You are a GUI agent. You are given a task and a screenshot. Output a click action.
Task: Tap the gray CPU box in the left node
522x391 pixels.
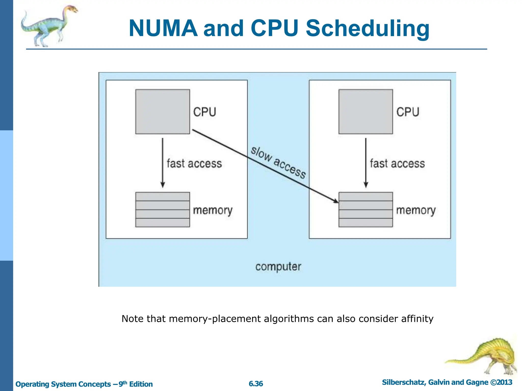[163, 111]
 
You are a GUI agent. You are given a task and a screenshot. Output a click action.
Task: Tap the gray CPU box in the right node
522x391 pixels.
[366, 111]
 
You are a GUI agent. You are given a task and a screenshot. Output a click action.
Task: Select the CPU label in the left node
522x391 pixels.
[204, 112]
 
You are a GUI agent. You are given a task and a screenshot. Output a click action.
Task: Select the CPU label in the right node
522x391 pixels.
[408, 112]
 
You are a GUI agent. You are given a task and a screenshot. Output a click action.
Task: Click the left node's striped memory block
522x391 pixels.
[163, 210]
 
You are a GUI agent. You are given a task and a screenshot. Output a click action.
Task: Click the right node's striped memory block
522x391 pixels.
[366, 210]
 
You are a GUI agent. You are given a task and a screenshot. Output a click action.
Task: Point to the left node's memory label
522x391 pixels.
[213, 211]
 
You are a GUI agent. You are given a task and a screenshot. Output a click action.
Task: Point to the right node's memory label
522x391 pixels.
[416, 211]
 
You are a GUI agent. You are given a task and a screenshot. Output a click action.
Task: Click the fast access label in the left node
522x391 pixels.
[194, 163]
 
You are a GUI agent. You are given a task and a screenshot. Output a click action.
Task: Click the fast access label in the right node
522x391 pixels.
[397, 163]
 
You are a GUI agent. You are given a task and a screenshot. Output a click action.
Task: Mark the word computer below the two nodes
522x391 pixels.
[278, 267]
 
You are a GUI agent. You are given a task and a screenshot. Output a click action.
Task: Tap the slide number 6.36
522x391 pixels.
[256, 384]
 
